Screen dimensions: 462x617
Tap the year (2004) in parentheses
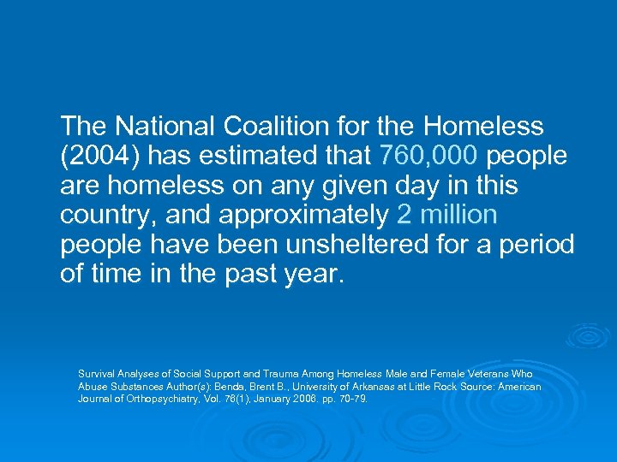93,157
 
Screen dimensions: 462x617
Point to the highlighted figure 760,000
423,157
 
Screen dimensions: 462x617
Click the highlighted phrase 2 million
447,215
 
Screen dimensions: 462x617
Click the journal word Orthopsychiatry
156,399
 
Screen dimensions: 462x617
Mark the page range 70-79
352,399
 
